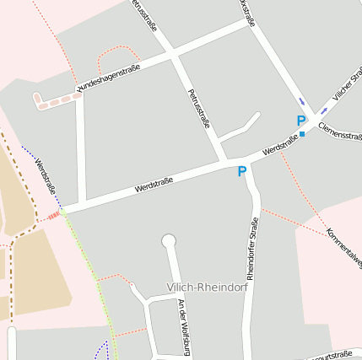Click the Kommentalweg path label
point(343,245)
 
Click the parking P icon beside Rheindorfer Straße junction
point(242,172)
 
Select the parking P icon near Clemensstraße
point(301,121)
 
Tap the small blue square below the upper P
point(301,134)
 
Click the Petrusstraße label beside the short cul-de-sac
point(199,109)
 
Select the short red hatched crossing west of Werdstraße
point(53,217)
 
